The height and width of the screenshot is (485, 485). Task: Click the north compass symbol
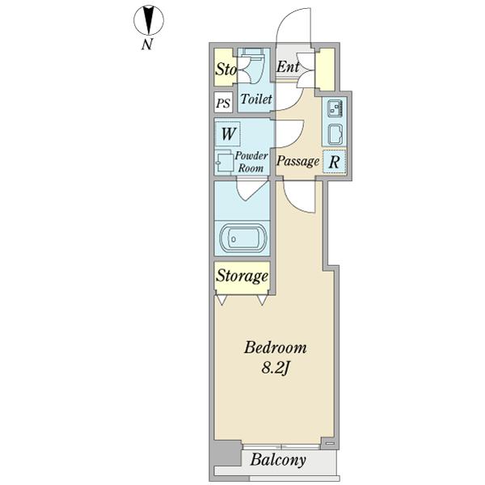[x=147, y=19]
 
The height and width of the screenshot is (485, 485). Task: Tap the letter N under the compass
[x=147, y=45]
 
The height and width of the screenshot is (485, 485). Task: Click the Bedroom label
[x=275, y=348]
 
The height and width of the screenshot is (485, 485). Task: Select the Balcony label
[x=277, y=462]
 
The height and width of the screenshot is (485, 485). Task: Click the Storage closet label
[x=242, y=276]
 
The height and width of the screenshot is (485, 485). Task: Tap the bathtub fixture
[x=242, y=238]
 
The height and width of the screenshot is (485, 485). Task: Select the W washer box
[x=228, y=133]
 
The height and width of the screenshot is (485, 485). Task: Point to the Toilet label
[x=255, y=99]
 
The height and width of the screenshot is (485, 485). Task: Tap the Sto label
[x=225, y=70]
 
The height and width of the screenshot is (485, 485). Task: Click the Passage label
[x=297, y=162]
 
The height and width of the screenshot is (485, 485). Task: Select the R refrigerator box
[x=335, y=162]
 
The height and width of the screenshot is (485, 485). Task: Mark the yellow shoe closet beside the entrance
[x=325, y=70]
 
